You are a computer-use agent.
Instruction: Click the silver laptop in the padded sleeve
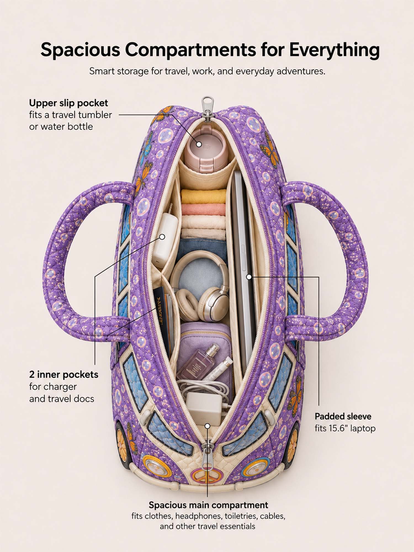click(x=243, y=268)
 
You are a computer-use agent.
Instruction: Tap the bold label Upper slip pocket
click(x=68, y=103)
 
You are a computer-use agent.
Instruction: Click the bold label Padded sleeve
click(x=343, y=416)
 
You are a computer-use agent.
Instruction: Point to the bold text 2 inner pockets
click(x=64, y=375)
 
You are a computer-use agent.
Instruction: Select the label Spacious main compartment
click(x=208, y=505)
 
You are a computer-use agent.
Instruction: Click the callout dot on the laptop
click(x=249, y=277)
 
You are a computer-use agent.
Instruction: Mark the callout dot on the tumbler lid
click(x=199, y=144)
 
